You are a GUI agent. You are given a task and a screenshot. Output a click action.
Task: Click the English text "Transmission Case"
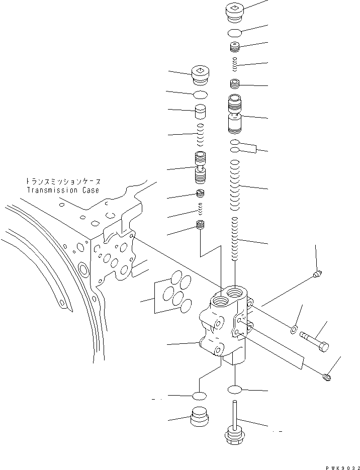[x=62, y=191]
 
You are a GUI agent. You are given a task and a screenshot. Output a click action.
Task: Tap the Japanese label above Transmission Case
[x=62, y=181]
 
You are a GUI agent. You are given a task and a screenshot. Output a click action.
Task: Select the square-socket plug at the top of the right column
[x=235, y=12]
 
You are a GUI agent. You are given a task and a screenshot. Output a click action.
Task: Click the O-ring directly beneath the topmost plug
[x=235, y=33]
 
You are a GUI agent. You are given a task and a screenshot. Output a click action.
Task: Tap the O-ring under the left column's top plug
[x=200, y=95]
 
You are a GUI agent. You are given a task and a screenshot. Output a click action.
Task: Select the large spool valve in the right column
[x=235, y=115]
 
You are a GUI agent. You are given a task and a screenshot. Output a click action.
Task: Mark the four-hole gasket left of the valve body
[x=173, y=293]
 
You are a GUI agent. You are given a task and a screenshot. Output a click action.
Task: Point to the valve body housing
[x=223, y=327]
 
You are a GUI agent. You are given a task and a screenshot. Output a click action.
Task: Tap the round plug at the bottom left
[x=200, y=417]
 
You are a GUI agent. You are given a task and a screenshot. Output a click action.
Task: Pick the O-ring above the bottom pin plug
[x=235, y=390]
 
